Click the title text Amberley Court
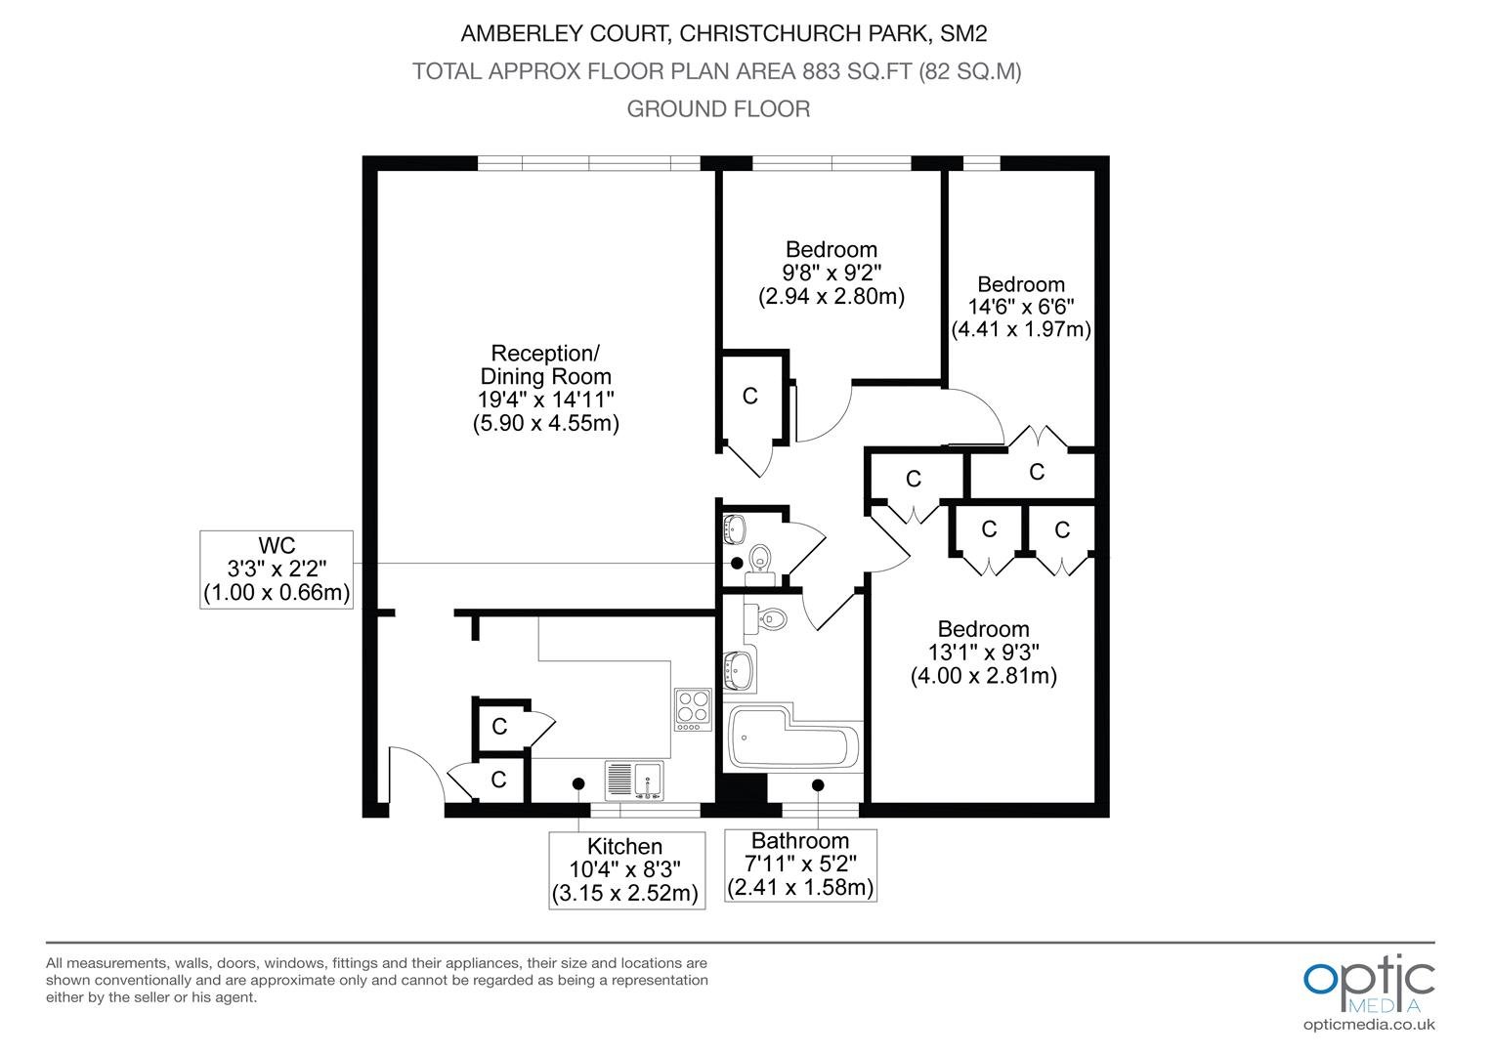tap(565, 33)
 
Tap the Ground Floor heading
tap(718, 108)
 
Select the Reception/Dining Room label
tap(545, 364)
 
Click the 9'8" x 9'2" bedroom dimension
tap(832, 273)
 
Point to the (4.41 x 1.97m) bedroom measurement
tap(1020, 329)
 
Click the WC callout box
tap(277, 570)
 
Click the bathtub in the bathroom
tap(793, 738)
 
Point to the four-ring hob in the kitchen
tap(693, 709)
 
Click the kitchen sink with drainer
tap(634, 781)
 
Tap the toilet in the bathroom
tap(765, 618)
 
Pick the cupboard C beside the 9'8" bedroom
tap(749, 396)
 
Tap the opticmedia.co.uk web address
tap(1369, 1026)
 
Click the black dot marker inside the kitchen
tap(578, 783)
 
